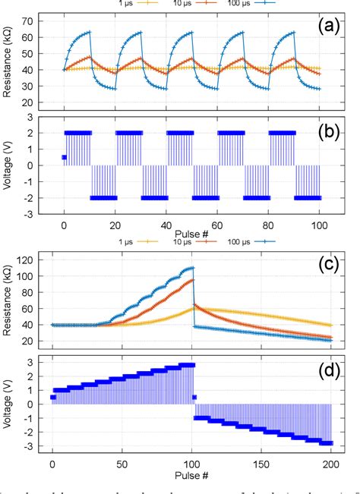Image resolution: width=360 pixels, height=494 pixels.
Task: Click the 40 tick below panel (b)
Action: click(166, 226)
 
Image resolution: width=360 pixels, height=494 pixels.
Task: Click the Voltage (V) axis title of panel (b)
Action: click(10, 165)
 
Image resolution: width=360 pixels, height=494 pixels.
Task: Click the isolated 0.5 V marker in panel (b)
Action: click(64, 158)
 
